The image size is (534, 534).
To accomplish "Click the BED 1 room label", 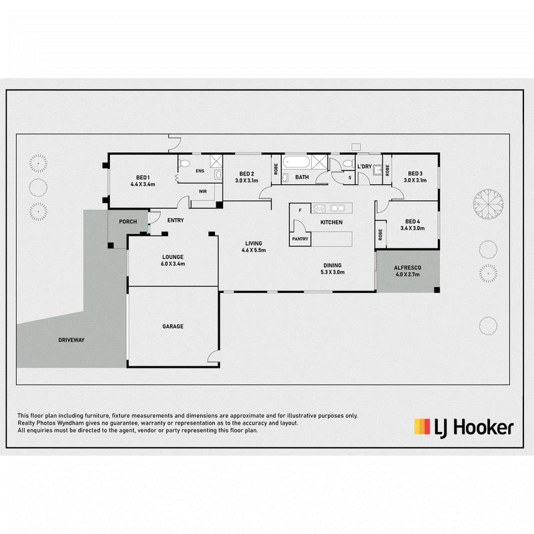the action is tap(143, 178).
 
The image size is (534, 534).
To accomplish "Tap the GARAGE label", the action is tap(173, 326).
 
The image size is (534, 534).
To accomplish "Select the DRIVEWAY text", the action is tap(71, 340).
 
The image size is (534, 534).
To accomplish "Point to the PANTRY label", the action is tap(300, 239).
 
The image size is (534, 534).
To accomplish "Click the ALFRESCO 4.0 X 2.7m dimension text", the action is tap(408, 274).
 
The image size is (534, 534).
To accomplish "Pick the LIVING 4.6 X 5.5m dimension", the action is tap(254, 250).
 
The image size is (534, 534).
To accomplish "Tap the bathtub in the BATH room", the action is tap(296, 162).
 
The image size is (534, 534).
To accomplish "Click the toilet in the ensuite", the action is tap(184, 163).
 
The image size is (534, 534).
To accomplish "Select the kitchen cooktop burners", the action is tap(320, 208).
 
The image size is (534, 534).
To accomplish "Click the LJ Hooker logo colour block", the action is tap(422, 427).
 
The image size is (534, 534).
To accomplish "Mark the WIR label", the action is tap(203, 192).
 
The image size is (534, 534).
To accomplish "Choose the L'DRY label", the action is tap(364, 166).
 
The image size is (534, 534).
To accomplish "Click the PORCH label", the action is tap(127, 222).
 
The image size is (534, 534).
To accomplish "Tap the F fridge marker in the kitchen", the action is tap(300, 210).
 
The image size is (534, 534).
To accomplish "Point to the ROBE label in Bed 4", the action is tap(380, 234).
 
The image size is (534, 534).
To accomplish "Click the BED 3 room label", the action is tap(415, 174).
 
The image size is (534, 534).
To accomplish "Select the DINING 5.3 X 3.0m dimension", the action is tap(332, 272).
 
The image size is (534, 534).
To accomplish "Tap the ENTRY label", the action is tap(176, 221).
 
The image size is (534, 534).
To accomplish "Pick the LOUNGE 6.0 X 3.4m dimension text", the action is tap(173, 264).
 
